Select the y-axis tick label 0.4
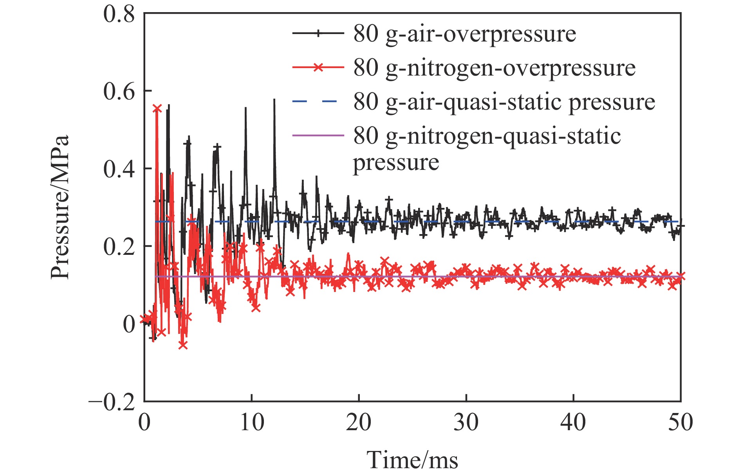(x=119, y=169)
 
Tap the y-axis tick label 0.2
(x=119, y=247)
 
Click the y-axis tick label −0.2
(x=112, y=402)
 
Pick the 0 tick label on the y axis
(x=129, y=324)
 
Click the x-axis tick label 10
(x=252, y=422)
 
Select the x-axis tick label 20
(x=359, y=422)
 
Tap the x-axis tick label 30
(x=466, y=422)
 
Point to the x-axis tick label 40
(x=574, y=422)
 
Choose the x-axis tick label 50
(x=680, y=422)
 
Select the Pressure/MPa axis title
(x=60, y=207)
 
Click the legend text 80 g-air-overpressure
(x=464, y=34)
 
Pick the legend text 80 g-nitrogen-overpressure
(x=494, y=68)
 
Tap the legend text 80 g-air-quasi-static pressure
(x=504, y=102)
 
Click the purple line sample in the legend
(x=318, y=135)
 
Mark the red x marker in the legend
(x=318, y=67)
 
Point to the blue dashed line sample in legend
(x=318, y=101)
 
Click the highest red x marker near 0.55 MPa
(x=157, y=108)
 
